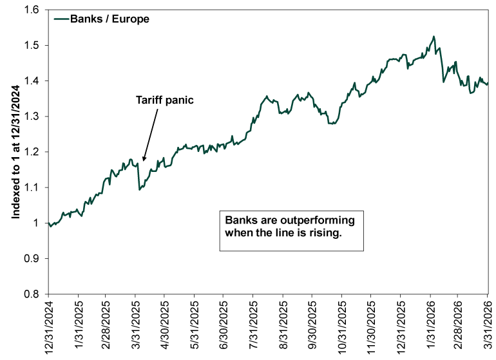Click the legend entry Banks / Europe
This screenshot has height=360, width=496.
tap(110, 19)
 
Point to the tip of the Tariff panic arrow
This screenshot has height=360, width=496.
tap(143, 160)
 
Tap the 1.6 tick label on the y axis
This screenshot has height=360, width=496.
tap(33, 10)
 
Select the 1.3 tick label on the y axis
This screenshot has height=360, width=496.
tap(33, 117)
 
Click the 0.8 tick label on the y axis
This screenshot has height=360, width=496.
tap(33, 294)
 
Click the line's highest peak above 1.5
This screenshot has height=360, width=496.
tap(434, 37)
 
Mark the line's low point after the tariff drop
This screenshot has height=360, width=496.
tap(140, 189)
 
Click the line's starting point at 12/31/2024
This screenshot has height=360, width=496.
tap(48, 223)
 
